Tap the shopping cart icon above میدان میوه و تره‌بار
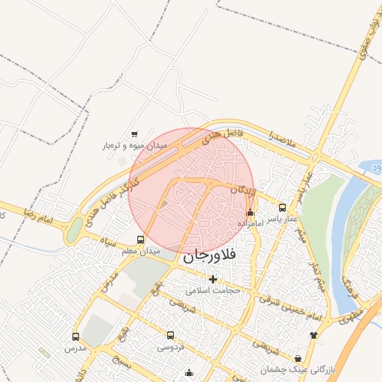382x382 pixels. tap(134, 134)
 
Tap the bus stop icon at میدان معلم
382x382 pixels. tap(141, 240)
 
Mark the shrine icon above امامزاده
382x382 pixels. tap(250, 213)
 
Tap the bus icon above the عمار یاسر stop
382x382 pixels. tap(283, 207)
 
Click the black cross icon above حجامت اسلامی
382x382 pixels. tap(213, 279)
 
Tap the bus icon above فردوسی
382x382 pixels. tap(171, 336)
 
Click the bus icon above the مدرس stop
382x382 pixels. tap(75, 337)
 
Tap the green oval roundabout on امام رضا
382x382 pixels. tap(73, 232)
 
